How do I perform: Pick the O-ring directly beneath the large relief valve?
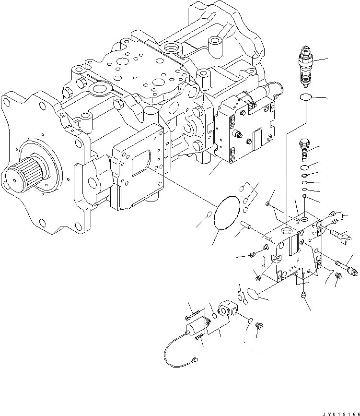[305, 98]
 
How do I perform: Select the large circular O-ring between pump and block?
[226, 214]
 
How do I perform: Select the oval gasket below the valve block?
[254, 294]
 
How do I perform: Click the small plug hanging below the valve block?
[303, 296]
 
